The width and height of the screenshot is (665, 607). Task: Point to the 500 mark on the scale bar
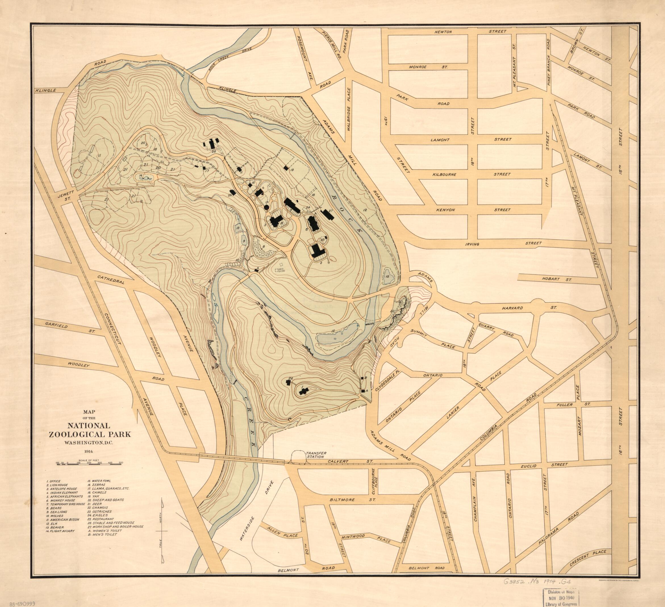point(121,463)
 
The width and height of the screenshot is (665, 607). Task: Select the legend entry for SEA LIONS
point(57,512)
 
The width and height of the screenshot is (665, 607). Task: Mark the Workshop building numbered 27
point(328,215)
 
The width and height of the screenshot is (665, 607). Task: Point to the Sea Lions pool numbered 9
point(244,240)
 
